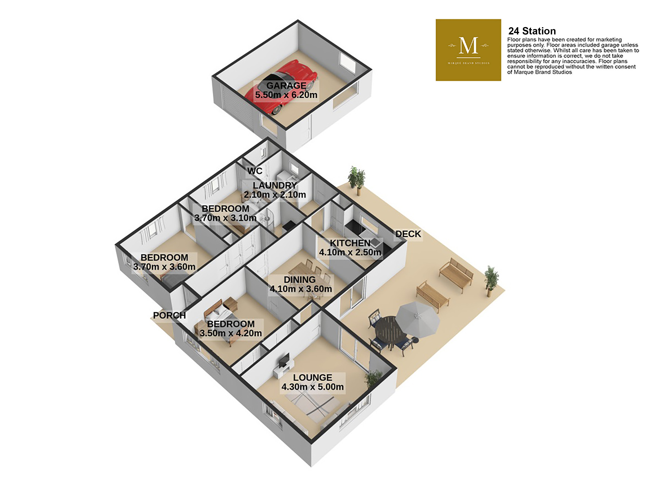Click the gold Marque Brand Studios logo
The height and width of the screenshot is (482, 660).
pos(468,50)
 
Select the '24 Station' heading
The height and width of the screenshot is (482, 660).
pos(532,31)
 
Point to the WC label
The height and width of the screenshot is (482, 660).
pos(255,171)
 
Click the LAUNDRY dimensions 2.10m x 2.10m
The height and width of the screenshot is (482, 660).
pos(275,195)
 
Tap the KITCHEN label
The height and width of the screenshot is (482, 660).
pos(350,243)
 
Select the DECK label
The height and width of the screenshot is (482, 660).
pos(408,234)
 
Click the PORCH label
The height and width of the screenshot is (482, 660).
pos(169,315)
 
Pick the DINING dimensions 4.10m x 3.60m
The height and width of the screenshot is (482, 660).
pos(301,289)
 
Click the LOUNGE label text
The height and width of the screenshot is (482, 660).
pos(312,378)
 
